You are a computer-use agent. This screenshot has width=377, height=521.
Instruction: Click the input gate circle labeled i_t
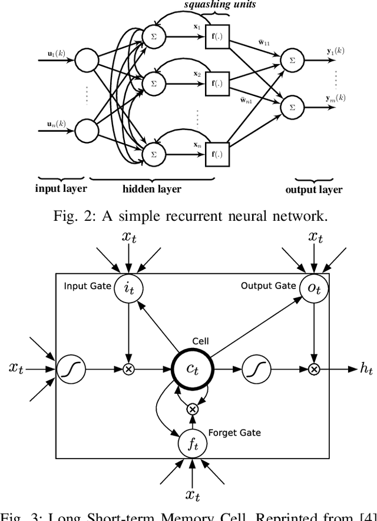pos(128,288)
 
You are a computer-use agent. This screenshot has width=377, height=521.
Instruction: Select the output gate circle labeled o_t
pos(314,288)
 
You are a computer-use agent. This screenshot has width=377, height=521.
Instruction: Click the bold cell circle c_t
pos(192,369)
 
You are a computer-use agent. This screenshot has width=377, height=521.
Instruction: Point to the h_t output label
pos(366,369)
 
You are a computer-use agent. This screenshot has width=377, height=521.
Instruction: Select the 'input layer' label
pos(61,189)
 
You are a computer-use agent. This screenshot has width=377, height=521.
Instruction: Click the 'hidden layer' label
pos(152,189)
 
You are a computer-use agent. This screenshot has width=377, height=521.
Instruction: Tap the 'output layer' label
pos(313,190)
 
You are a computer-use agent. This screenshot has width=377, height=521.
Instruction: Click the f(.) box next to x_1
pos(217,35)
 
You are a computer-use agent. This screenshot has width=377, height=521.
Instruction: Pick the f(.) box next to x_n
pos(217,154)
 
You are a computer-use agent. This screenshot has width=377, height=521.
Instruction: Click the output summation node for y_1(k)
pos(290,59)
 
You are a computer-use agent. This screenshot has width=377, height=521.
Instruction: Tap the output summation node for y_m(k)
pos(290,107)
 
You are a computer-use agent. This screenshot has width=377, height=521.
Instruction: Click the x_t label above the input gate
pos(128,237)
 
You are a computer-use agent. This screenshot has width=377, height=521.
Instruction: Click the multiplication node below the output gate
pos(314,369)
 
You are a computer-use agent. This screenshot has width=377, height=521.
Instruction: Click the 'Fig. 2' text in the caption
pos(70,216)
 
